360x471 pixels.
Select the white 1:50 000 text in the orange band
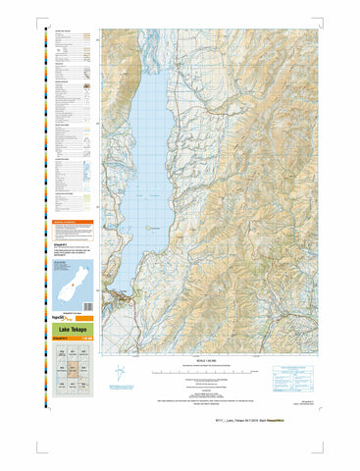[87, 339]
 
